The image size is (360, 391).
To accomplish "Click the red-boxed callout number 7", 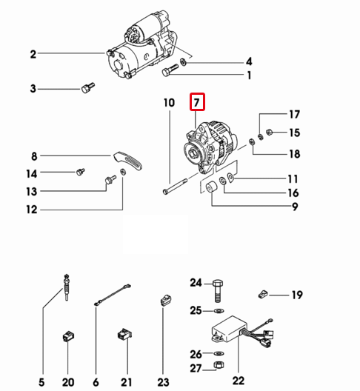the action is tap(197, 102).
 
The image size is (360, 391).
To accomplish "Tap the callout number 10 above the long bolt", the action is tap(169, 103).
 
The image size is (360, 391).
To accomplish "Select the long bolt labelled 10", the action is tap(175, 186).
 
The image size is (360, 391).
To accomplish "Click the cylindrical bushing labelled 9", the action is tap(212, 187).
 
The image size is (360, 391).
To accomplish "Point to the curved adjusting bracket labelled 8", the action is tap(127, 161).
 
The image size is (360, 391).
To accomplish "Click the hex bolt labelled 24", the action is tap(218, 291).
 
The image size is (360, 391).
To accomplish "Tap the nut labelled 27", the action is tap(219, 365).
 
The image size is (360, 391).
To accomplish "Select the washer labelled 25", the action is tap(219, 311).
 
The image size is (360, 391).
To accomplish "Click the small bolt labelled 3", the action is tap(88, 88).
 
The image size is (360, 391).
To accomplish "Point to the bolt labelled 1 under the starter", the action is tap(170, 70).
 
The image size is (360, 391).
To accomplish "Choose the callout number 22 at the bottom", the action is tap(239, 381).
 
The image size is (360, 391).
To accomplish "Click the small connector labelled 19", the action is tap(263, 294).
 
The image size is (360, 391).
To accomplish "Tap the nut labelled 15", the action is tap(269, 132).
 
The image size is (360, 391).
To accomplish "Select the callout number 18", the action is tap(294, 154).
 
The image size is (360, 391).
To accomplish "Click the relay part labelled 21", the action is tap(124, 334).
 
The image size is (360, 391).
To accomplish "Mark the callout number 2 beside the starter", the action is tap(33, 54).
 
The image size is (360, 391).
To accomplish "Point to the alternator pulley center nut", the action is tap(193, 152).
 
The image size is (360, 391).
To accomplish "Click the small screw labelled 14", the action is tap(80, 172).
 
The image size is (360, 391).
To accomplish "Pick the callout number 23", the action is tap(164, 382).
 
